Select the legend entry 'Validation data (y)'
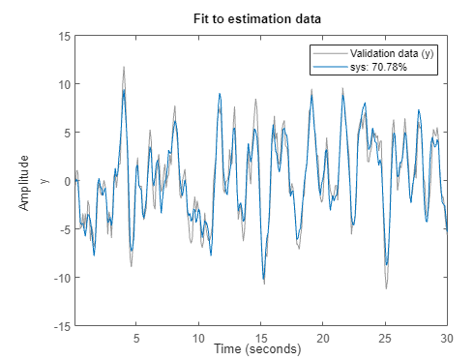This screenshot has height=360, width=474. pos(392,54)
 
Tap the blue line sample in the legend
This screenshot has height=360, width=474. pos(327,67)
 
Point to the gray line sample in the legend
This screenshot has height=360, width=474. pos(327,54)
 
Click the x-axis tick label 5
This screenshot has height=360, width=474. pos(136,339)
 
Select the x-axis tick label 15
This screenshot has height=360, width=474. pos(260,339)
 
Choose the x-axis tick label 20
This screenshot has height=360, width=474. pos(322,339)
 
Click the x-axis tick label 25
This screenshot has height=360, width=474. pos(384,339)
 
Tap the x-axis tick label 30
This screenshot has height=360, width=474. pos(446,339)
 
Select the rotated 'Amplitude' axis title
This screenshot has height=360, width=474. pos(23,181)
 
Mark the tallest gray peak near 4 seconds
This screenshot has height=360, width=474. pos(124,68)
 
